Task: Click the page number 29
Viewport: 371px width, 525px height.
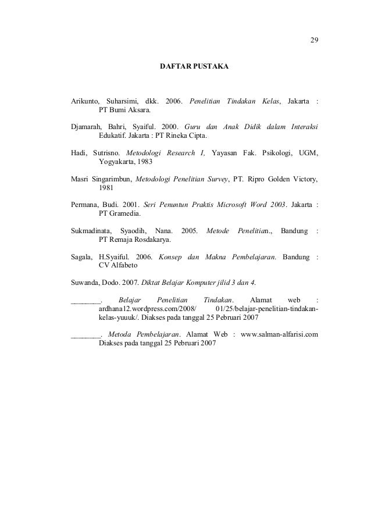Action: (x=314, y=40)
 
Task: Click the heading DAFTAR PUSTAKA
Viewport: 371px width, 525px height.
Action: (x=194, y=67)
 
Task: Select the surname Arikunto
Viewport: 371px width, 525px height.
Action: (x=85, y=102)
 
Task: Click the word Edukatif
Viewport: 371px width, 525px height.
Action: (x=115, y=137)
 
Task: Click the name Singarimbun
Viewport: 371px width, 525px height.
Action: (x=112, y=178)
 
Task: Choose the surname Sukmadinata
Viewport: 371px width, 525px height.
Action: (x=90, y=231)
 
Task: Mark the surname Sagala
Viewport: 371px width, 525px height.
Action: (x=81, y=256)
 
